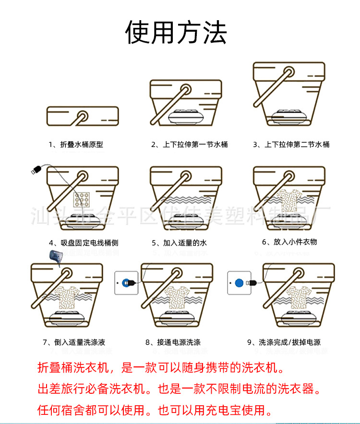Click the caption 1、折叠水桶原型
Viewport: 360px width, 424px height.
tap(75, 144)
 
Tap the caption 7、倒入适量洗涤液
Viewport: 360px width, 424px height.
tap(73, 342)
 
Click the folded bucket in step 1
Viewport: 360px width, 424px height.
tap(82, 116)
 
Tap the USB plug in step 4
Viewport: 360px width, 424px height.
tap(35, 169)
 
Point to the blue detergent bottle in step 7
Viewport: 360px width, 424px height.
tap(56, 258)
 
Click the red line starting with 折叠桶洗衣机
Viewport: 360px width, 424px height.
tap(161, 368)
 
